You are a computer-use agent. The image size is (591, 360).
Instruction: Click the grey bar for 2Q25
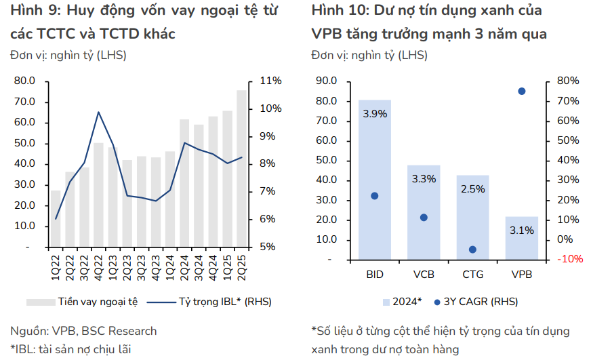(242, 169)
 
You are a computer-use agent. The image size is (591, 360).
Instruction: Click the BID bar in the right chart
(375, 180)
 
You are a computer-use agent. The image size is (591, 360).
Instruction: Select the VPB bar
(522, 238)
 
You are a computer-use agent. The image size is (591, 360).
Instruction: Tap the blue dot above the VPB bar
(522, 91)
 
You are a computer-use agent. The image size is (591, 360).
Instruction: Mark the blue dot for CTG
(472, 249)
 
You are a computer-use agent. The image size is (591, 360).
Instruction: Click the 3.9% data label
(375, 114)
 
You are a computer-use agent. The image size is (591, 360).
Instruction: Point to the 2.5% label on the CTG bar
(472, 189)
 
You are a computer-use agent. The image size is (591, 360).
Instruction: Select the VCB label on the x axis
(424, 274)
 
